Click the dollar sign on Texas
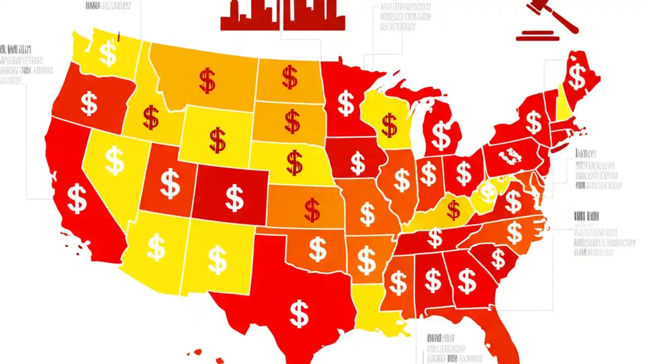299,313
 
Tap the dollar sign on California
77,198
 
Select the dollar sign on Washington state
108,54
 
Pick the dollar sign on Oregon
89,103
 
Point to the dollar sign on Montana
207,80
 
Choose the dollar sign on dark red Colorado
234,198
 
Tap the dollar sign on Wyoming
217,140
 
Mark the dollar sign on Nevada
114,160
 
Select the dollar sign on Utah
170,184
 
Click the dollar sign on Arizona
156,247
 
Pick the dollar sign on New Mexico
217,259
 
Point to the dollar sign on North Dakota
290,77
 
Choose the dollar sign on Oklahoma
317,249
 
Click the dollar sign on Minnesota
346,103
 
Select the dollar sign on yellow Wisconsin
389,125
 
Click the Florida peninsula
504,334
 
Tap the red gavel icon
549,20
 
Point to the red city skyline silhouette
282,15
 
